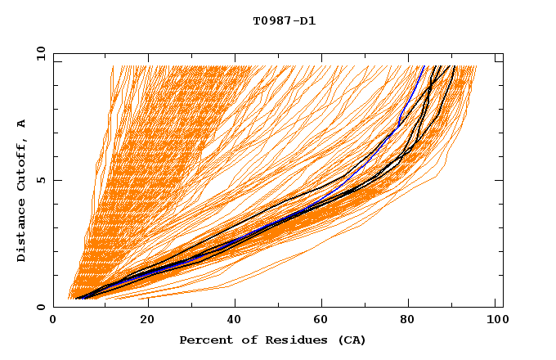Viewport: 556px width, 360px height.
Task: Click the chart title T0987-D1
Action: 284,20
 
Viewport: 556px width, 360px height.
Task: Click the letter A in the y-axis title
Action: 21,124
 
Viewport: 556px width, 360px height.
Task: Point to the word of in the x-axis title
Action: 243,340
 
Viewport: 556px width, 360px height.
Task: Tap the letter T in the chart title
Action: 256,20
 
